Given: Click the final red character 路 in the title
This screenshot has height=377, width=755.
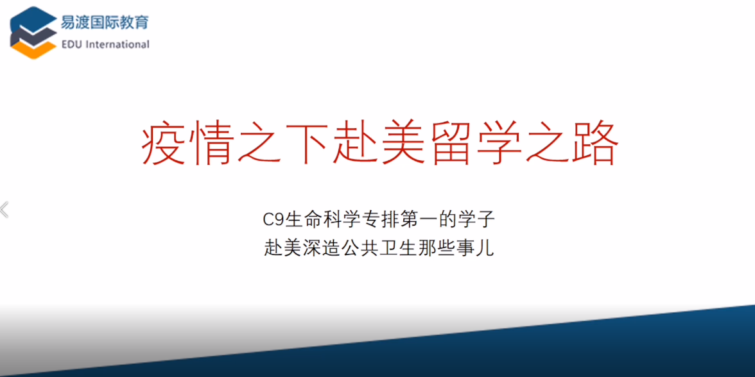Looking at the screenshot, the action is pyautogui.click(x=594, y=144).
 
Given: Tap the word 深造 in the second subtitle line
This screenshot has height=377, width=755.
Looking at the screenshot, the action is pyautogui.click(x=320, y=249).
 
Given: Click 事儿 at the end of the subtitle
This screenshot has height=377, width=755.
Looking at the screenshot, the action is pyautogui.click(x=478, y=249).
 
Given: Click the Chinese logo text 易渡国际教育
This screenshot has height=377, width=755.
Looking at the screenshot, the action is pyautogui.click(x=105, y=22).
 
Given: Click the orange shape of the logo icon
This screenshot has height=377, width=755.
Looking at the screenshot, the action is pyautogui.click(x=33, y=49).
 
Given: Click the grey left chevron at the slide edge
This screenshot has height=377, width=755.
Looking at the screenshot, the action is pyautogui.click(x=5, y=210).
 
